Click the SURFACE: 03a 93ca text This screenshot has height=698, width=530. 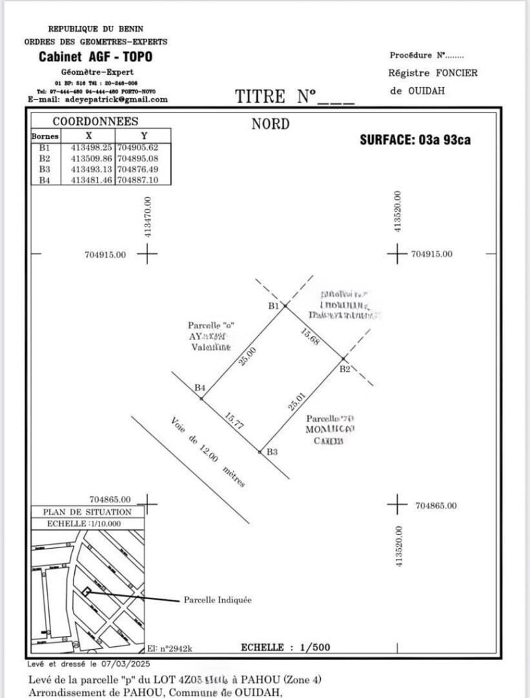tap(415, 140)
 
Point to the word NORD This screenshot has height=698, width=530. tap(270, 124)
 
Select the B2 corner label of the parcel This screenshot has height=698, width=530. tap(345, 369)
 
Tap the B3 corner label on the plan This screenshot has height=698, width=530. tap(272, 451)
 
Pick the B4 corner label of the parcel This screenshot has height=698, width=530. tap(200, 388)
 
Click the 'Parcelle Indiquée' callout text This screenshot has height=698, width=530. tap(217, 601)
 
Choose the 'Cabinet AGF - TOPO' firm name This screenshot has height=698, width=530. tap(95, 57)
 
